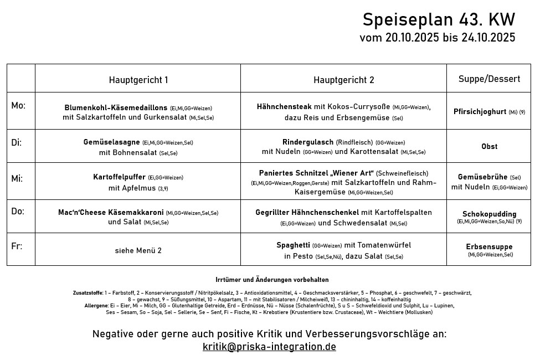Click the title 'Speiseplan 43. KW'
(439, 20)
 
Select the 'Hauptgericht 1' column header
(138, 80)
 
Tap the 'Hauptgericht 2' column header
(343, 80)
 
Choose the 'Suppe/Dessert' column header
(489, 79)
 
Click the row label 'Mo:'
(18, 106)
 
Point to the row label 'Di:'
(17, 142)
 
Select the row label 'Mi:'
(17, 178)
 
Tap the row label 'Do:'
(18, 212)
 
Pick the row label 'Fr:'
(17, 246)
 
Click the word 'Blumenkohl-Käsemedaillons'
(116, 108)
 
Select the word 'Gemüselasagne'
(111, 142)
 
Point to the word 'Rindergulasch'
(308, 142)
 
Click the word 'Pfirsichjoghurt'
(480, 111)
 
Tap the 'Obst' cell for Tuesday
(490, 146)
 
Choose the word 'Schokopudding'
(489, 214)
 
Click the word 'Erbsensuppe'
(489, 246)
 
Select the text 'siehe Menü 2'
(138, 250)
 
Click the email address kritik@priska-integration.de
(269, 347)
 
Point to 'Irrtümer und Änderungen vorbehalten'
(272, 280)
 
